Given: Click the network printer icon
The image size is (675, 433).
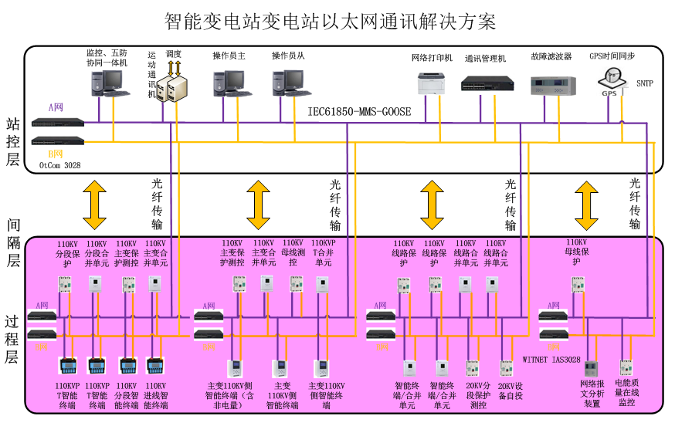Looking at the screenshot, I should click(432, 83).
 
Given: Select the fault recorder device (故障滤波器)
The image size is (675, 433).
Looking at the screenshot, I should click(551, 85).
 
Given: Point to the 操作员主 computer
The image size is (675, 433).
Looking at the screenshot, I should click(228, 83).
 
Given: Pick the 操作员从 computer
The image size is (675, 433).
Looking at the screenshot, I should click(287, 83).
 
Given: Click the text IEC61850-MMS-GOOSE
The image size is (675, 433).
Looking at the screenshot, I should click(359, 111).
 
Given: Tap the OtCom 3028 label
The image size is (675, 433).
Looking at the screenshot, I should click(59, 165).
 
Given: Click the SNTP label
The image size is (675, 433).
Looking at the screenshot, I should click(644, 83).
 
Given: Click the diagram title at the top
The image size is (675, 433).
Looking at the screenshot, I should click(331, 21).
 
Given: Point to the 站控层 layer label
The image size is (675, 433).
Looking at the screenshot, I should click(12, 142).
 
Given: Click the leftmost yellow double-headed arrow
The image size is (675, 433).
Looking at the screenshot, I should click(94, 205).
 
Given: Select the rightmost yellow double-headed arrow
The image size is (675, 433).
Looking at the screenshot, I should click(586, 205).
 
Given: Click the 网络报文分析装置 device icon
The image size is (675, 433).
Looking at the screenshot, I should click(591, 369).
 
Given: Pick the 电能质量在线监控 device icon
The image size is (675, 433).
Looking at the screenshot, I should click(626, 367).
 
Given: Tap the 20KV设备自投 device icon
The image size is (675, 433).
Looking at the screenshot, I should click(506, 368).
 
